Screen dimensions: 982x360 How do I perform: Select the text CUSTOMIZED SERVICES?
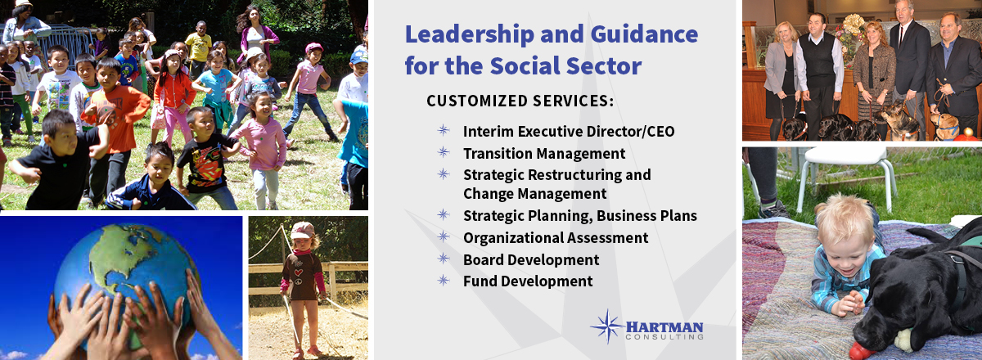click(x=520, y=101)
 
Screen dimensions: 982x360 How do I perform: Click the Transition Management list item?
click(x=544, y=154)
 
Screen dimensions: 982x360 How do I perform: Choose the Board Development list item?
click(x=531, y=259)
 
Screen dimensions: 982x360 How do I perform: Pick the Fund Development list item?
click(x=528, y=281)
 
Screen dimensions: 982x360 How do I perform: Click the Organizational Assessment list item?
click(x=556, y=237)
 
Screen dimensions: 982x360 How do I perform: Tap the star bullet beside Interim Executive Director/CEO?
click(x=444, y=130)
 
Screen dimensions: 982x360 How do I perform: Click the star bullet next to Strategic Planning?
click(x=444, y=215)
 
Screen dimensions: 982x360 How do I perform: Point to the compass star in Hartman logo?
click(x=607, y=326)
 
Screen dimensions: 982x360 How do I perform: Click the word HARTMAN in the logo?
click(x=664, y=327)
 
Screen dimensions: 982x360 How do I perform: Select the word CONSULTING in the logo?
click(x=664, y=337)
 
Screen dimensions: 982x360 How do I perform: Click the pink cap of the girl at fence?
click(x=302, y=230)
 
